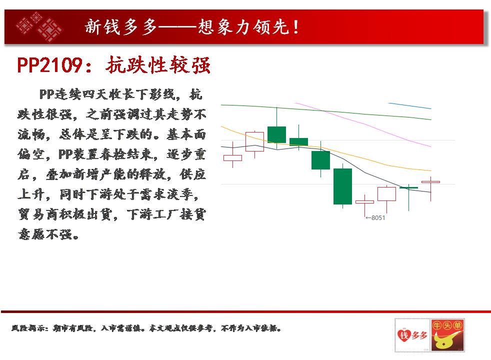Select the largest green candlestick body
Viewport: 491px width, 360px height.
342,186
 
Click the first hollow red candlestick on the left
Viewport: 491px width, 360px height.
232,158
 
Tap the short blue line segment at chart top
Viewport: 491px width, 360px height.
409,106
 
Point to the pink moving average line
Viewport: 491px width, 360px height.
363,124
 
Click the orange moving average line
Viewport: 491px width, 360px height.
325,148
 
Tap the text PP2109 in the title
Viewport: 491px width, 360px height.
49,65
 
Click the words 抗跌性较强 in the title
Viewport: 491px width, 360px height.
158,65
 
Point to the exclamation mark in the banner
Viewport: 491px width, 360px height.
295,27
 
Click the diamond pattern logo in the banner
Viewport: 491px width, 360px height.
39,26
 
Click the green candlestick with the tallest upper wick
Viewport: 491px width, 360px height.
277,134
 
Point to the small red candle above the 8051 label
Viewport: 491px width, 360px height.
365,202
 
